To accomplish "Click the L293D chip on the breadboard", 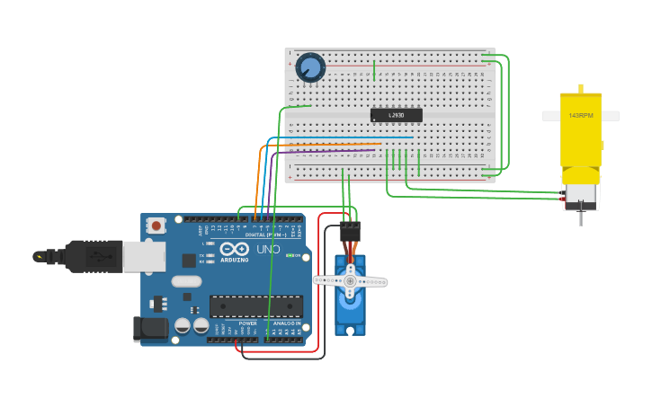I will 396,115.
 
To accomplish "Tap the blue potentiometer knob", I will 310,67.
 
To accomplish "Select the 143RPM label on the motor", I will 580,116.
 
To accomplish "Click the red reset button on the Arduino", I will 156,226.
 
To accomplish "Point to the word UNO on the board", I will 269,249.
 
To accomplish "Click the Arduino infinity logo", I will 234,248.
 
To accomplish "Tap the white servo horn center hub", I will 350,281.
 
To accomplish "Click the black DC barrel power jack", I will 150,329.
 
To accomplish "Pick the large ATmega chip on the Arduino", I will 255,305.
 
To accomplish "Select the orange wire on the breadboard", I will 324,144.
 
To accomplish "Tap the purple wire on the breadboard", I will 324,151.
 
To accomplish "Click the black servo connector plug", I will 350,231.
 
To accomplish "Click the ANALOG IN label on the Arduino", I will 286,323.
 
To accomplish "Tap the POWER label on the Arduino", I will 247,323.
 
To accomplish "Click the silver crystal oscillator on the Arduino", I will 186,281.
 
